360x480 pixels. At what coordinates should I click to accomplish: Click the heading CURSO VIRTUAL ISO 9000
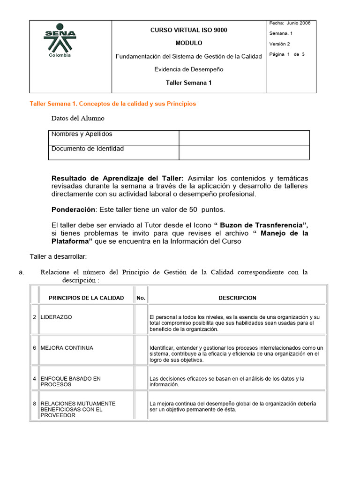188,30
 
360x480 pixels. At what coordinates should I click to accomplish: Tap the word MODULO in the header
188,43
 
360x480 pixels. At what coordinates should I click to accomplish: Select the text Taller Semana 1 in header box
188,82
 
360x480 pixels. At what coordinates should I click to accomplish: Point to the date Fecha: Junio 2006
290,23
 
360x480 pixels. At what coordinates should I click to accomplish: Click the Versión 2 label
279,44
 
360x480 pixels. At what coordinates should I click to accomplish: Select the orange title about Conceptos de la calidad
113,104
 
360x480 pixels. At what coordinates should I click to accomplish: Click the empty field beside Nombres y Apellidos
244,138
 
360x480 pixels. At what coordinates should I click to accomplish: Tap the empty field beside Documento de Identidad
244,152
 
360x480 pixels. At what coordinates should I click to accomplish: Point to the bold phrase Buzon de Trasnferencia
263,225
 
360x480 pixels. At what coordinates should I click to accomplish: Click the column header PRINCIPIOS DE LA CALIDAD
86,298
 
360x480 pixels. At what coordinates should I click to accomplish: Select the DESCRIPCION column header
237,298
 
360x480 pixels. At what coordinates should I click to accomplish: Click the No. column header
141,298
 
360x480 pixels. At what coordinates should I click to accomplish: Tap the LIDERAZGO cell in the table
56,317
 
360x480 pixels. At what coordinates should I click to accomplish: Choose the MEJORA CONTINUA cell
67,348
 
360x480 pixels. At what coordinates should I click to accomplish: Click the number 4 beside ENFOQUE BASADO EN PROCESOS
35,379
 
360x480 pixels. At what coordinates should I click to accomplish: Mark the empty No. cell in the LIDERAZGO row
141,320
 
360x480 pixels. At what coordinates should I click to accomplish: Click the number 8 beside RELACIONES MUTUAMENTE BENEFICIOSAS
35,404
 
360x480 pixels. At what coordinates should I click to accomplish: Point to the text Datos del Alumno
78,118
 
